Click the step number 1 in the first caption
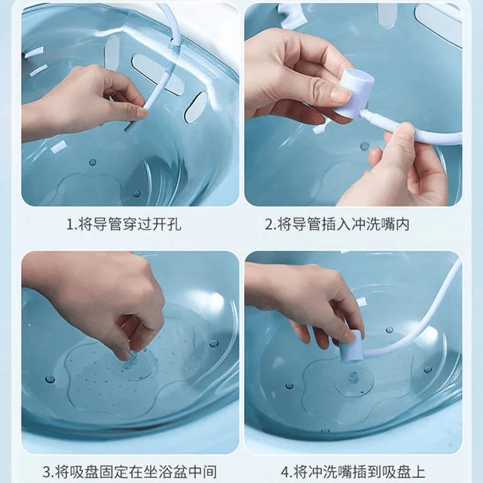point(70,224)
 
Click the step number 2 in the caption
point(270,224)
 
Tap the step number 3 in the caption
point(47,472)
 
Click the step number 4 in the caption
point(285,472)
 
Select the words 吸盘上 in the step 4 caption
point(404,471)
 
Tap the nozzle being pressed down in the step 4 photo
point(352,346)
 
